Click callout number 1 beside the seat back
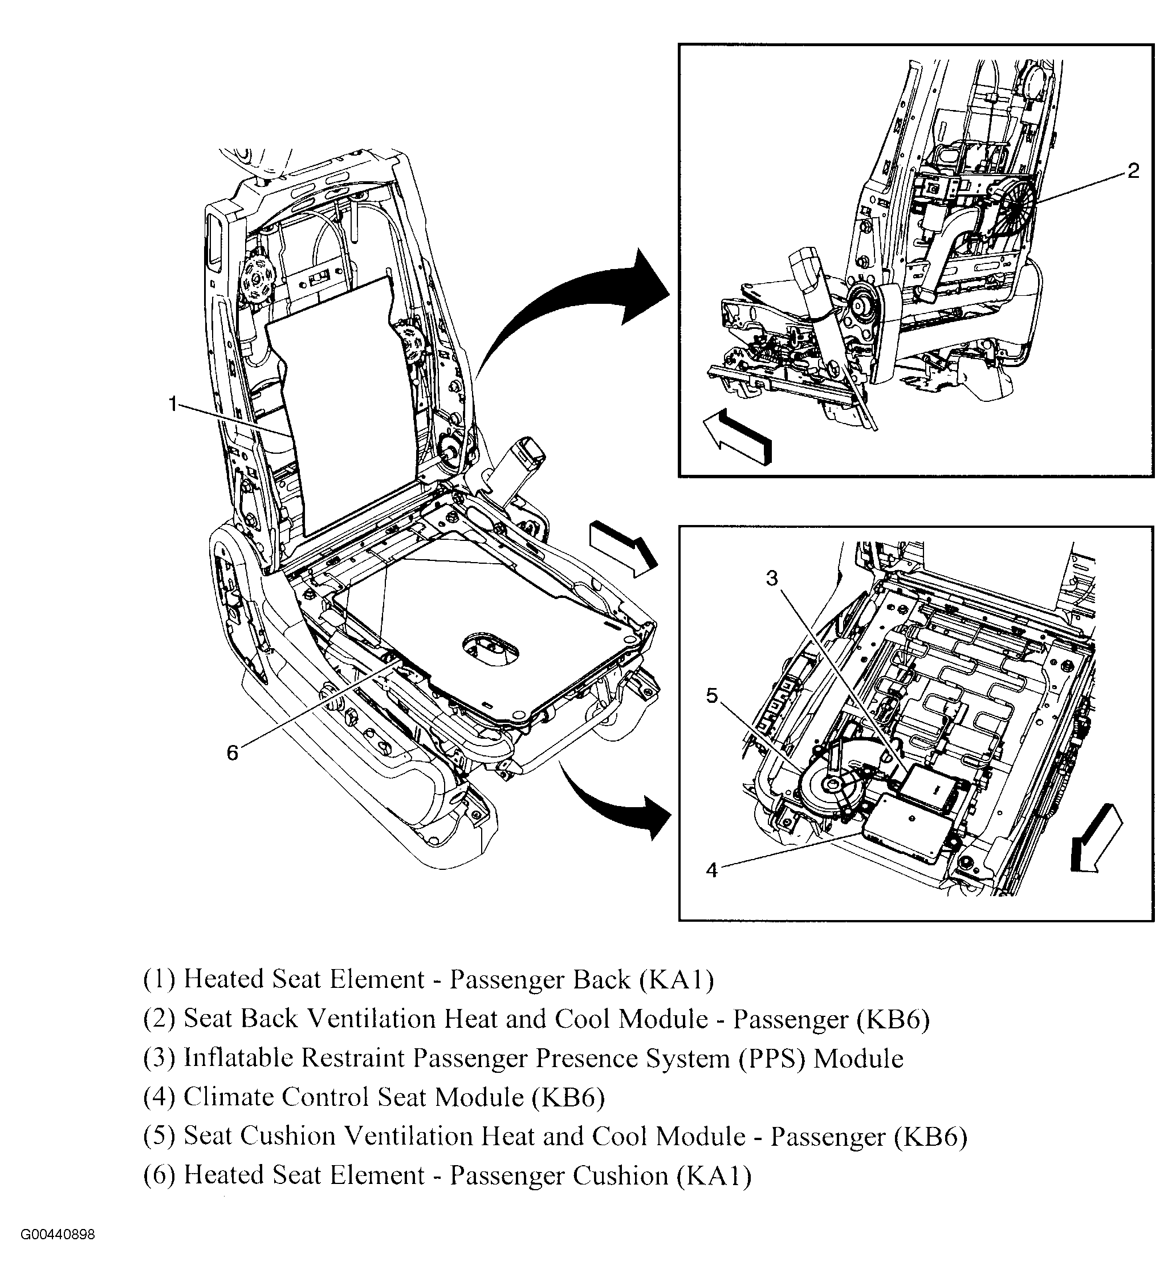point(172,404)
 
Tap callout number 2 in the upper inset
point(1133,171)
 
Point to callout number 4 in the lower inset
point(711,870)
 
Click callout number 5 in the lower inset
point(711,696)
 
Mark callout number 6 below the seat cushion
point(232,753)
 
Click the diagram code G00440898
point(58,1253)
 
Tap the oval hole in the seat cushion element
point(490,649)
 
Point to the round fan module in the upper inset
point(1011,202)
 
